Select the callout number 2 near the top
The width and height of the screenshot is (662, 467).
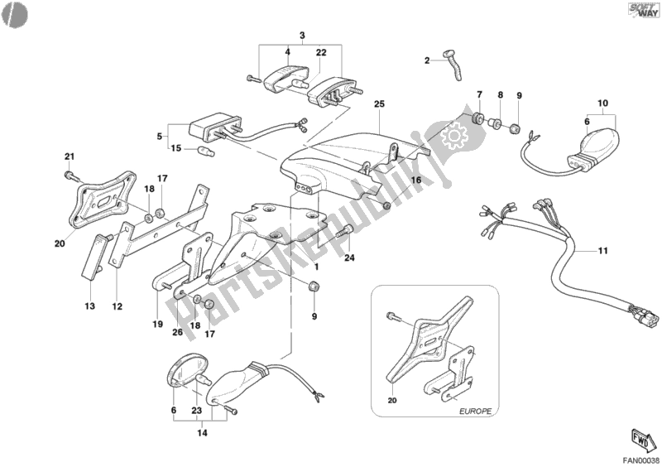click(x=427, y=60)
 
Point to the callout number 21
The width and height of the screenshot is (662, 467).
click(x=70, y=157)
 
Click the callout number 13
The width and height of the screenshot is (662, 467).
click(x=89, y=307)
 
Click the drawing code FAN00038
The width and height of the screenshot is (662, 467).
click(x=641, y=459)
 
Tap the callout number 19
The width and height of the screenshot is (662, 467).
click(x=156, y=324)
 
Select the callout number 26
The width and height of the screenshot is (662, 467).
click(x=176, y=333)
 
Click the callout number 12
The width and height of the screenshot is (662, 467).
click(x=118, y=307)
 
